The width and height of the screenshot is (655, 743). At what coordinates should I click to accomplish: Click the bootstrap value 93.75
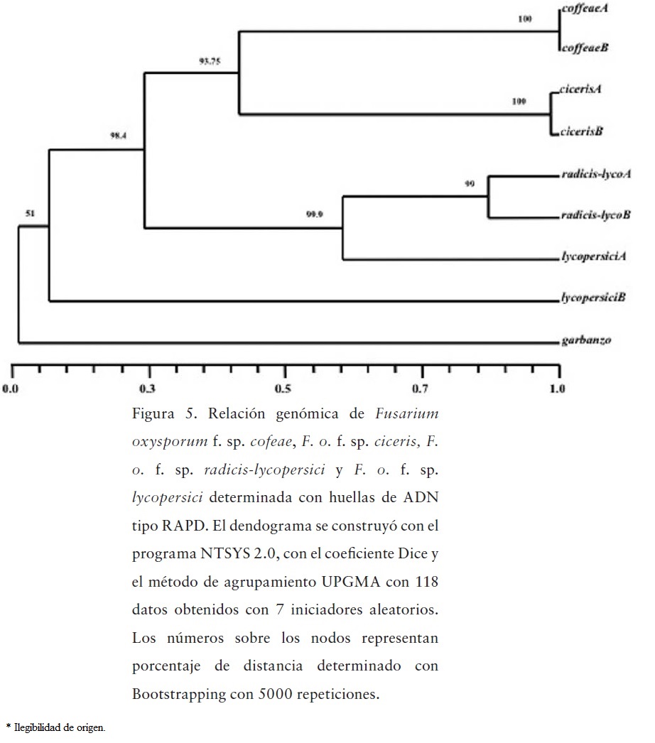(x=210, y=61)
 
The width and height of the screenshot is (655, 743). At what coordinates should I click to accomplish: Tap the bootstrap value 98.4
(x=118, y=135)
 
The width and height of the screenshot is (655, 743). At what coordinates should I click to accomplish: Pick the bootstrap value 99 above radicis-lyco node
(x=470, y=184)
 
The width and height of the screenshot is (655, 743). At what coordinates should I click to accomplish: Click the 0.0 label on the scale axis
(x=11, y=389)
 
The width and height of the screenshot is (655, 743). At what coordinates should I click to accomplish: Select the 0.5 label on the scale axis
(x=284, y=389)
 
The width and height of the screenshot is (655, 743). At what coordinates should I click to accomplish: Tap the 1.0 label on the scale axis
(x=558, y=389)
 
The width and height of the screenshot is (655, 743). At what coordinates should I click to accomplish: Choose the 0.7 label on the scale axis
(x=421, y=389)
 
